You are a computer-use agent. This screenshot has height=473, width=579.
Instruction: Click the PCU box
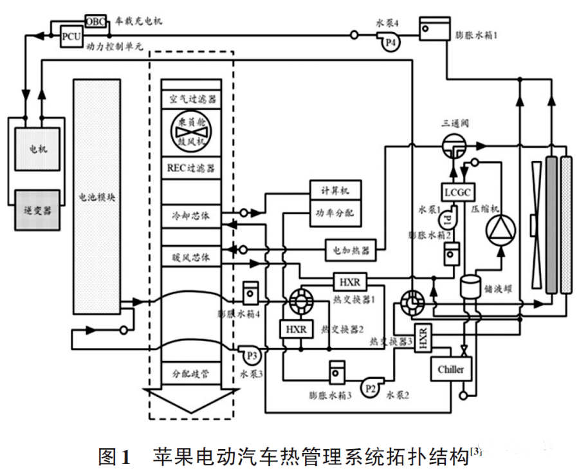71,37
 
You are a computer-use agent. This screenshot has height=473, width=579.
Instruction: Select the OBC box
95,21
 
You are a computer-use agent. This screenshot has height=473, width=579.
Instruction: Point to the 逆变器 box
38,209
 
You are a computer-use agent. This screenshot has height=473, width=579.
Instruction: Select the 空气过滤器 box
192,100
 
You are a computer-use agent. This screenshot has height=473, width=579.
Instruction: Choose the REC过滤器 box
192,169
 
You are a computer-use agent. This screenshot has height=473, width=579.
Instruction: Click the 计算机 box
335,190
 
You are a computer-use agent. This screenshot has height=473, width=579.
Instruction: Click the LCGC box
458,192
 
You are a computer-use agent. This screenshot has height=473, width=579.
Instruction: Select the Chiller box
450,369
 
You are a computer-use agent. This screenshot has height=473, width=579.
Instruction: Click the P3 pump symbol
249,353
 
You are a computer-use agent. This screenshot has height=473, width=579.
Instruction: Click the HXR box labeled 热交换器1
349,282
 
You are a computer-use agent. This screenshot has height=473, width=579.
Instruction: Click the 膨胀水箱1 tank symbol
427,28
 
